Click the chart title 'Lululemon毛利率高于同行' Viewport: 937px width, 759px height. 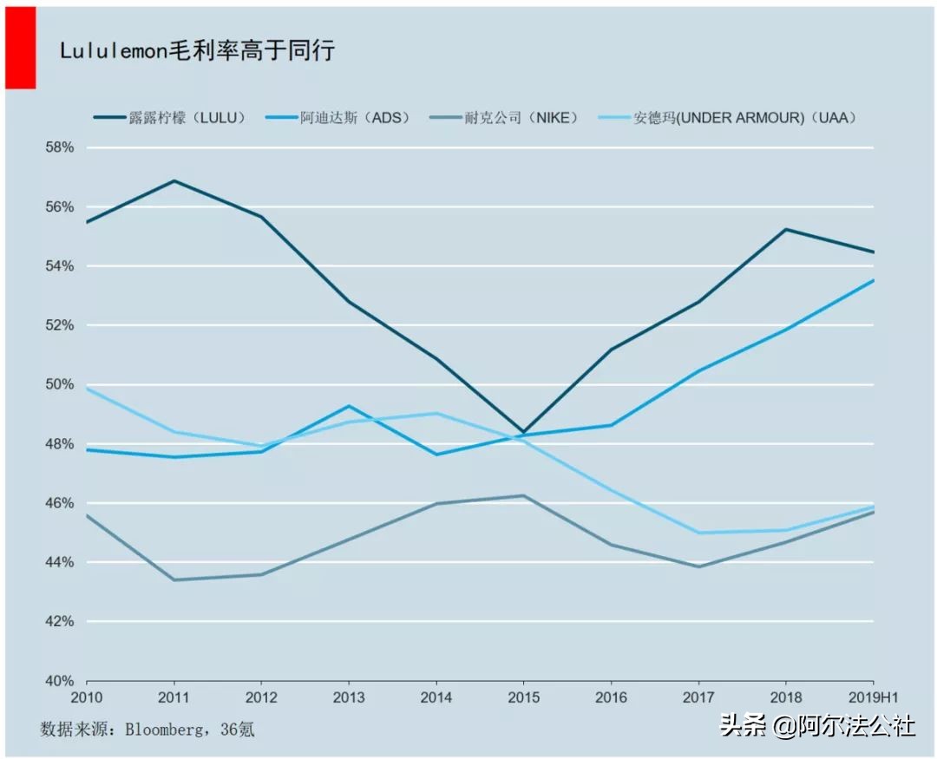pyautogui.click(x=197, y=50)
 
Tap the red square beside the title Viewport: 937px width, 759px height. pyautogui.click(x=20, y=47)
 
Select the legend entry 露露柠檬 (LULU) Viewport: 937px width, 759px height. pyautogui.click(x=170, y=117)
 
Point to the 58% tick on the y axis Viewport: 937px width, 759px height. pyautogui.click(x=59, y=147)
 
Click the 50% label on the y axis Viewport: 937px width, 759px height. pyautogui.click(x=59, y=384)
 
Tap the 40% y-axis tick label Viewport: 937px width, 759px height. pyautogui.click(x=59, y=681)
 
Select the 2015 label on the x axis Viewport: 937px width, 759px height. pyautogui.click(x=523, y=697)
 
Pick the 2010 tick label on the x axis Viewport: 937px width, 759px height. pyautogui.click(x=87, y=697)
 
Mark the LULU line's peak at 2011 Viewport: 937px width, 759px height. pyautogui.click(x=174, y=180)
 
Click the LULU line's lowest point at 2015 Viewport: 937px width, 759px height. pyautogui.click(x=523, y=432)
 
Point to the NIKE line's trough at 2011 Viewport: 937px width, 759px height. pyautogui.click(x=174, y=579)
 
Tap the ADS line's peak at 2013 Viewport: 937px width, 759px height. pyautogui.click(x=349, y=406)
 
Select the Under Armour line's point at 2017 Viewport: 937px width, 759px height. pyautogui.click(x=698, y=533)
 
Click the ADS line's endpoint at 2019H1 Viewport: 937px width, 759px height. pyautogui.click(x=872, y=280)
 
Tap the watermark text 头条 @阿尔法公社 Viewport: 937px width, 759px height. pyautogui.click(x=816, y=725)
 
